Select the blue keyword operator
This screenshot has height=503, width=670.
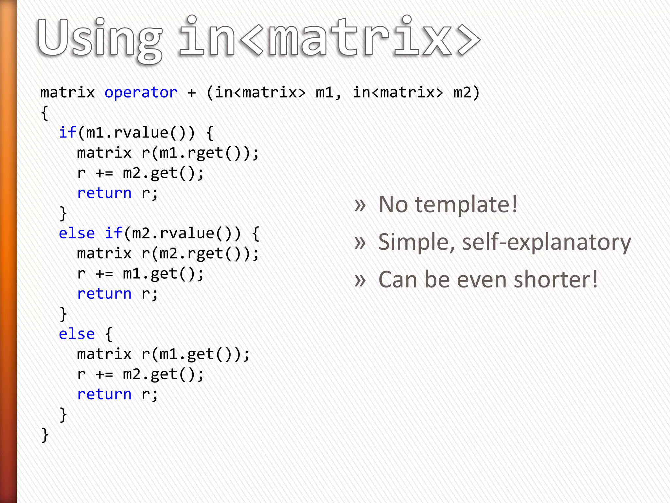(x=141, y=93)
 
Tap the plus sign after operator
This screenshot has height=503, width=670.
(x=192, y=93)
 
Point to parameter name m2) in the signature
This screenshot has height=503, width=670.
(x=467, y=93)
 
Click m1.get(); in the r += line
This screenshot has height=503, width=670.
(x=163, y=274)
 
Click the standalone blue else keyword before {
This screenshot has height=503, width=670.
(x=77, y=334)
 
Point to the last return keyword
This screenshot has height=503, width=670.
(x=104, y=394)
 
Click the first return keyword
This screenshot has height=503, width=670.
(x=104, y=193)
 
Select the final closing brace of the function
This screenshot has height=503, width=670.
(x=45, y=435)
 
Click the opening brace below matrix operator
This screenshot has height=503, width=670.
(x=45, y=113)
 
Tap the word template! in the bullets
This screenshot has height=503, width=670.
(x=466, y=205)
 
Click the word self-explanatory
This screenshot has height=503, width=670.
(x=546, y=242)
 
